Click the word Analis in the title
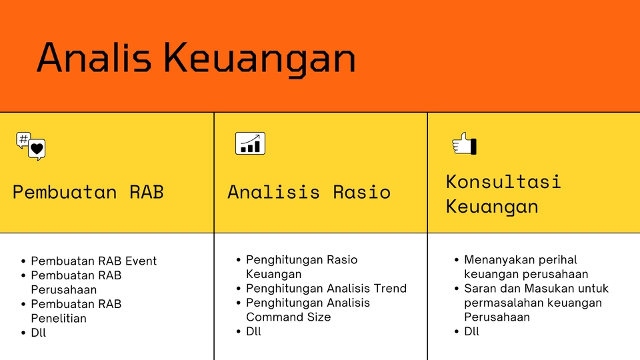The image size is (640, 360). pyautogui.click(x=94, y=57)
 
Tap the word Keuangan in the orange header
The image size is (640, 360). pyautogui.click(x=259, y=59)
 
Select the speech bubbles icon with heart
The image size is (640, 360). pyautogui.click(x=31, y=146)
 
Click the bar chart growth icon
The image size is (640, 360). pyautogui.click(x=250, y=143)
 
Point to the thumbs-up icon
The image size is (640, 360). pyautogui.click(x=464, y=143)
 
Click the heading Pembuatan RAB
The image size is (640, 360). pyautogui.click(x=88, y=192)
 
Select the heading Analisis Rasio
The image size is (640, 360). pyautogui.click(x=309, y=192)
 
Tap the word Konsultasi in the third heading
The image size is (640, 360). pyautogui.click(x=503, y=181)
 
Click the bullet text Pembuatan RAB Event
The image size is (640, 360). pyautogui.click(x=94, y=261)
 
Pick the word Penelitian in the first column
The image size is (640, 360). pyautogui.click(x=59, y=319)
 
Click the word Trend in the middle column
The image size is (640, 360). pyautogui.click(x=391, y=289)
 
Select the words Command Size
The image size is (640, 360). pyautogui.click(x=289, y=317)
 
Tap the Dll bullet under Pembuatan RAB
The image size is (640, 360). pyautogui.click(x=39, y=333)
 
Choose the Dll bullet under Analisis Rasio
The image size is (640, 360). pyautogui.click(x=253, y=331)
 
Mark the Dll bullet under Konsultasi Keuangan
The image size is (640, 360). pyautogui.click(x=471, y=331)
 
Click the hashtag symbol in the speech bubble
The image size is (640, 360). pyautogui.click(x=24, y=139)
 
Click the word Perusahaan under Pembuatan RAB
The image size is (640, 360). pyautogui.click(x=64, y=290)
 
